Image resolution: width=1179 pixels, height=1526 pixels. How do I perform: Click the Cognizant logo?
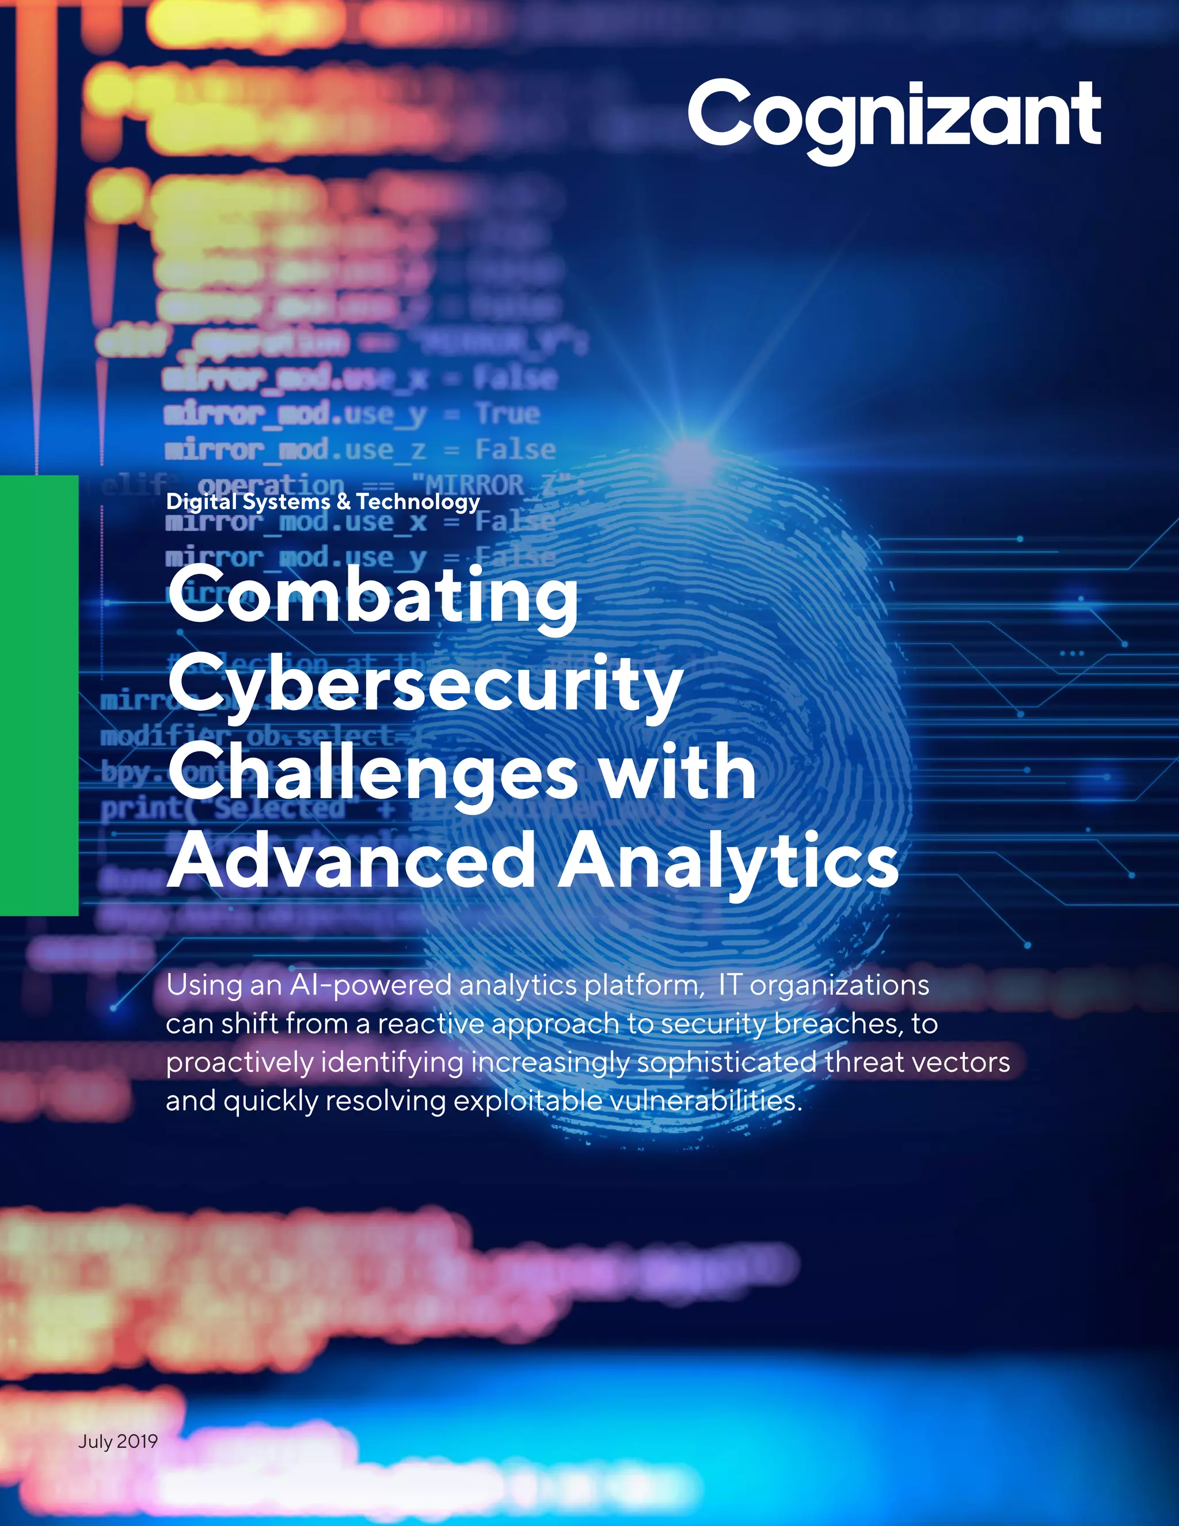click(x=893, y=116)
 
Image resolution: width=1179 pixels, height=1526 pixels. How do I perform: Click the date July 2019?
click(x=118, y=1441)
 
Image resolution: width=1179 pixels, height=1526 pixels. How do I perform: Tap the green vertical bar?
click(x=39, y=694)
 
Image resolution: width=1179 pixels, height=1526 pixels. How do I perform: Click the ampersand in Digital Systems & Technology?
click(x=343, y=502)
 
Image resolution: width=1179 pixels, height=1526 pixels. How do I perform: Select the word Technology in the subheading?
click(x=418, y=502)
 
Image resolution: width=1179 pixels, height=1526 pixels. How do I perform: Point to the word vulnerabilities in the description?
click(x=705, y=1101)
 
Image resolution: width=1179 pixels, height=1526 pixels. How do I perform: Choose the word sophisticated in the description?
click(x=727, y=1063)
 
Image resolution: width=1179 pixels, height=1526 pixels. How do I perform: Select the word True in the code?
click(x=508, y=413)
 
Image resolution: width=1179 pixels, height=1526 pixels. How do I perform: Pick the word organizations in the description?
click(x=839, y=985)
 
